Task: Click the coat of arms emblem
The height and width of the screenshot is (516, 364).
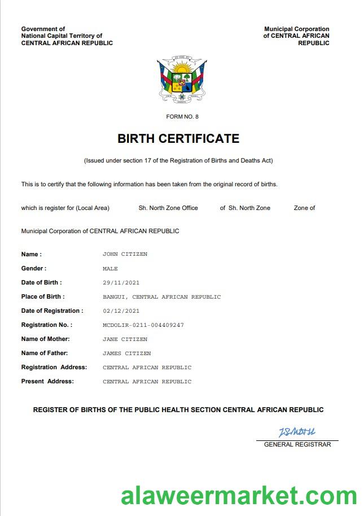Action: point(181,81)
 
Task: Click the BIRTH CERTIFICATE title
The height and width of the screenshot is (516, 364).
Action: point(178,138)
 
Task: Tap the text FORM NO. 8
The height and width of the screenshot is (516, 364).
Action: point(182,117)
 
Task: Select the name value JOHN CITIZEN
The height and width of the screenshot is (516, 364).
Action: point(125,254)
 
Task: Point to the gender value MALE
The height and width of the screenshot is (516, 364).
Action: point(110,269)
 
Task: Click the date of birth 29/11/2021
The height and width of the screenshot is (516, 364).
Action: point(121,283)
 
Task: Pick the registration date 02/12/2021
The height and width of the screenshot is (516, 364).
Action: point(121,311)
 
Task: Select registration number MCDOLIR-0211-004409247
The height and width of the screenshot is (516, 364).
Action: point(143,325)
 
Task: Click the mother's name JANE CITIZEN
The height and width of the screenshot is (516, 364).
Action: point(125,339)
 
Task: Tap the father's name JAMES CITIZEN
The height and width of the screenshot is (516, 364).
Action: point(126,353)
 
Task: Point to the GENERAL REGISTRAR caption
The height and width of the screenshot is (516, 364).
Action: point(297,445)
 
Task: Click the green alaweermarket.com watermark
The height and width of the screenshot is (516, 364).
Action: point(239,496)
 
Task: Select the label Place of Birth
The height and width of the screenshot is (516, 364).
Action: point(43,297)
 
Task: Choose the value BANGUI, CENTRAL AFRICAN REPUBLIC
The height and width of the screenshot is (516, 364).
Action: point(161,297)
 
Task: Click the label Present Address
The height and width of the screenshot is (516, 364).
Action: point(47,382)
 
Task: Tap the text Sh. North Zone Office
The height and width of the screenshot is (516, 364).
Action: point(168,208)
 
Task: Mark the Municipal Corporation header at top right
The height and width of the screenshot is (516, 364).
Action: point(296,36)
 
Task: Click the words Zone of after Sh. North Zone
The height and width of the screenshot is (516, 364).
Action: point(304,208)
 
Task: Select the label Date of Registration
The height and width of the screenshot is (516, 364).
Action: point(52,311)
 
